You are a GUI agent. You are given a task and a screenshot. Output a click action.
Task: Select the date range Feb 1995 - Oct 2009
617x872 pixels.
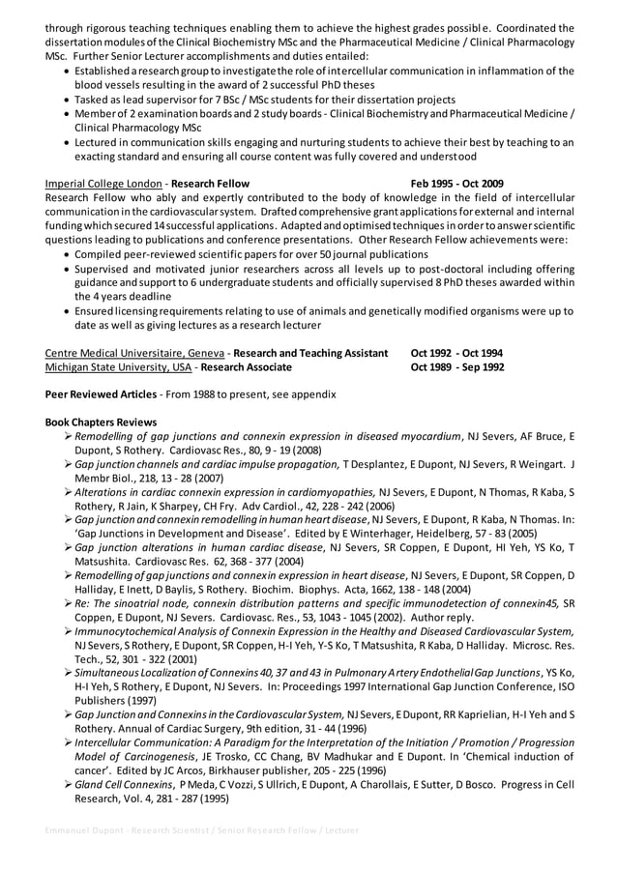456,183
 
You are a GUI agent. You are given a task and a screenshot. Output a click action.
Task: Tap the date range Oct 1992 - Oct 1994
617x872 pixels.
456,353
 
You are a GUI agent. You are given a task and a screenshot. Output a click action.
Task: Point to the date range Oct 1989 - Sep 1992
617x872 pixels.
456,367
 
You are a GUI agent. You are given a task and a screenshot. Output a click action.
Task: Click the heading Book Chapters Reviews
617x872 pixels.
101,422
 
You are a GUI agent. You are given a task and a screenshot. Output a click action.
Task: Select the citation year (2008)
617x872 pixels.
307,451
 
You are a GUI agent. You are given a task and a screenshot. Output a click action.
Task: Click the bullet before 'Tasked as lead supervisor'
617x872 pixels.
65,99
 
